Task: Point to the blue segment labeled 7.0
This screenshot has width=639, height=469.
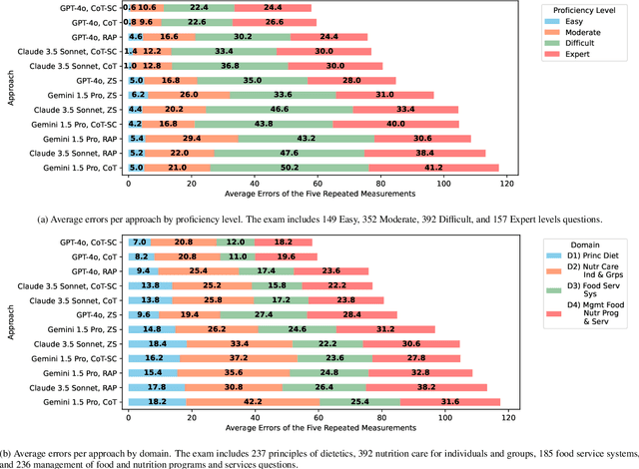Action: point(139,242)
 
